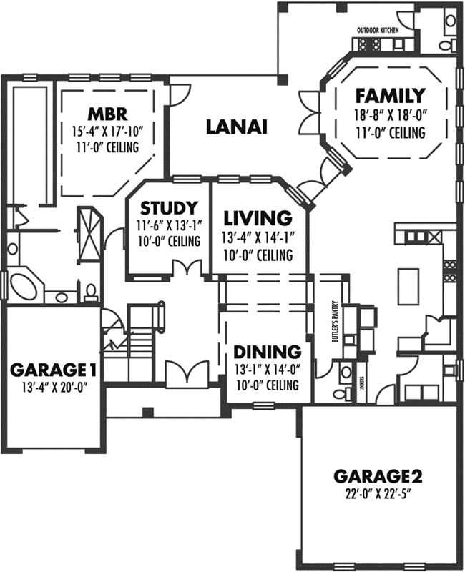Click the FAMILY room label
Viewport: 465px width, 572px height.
(x=391, y=95)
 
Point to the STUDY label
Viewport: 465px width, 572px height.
(x=168, y=208)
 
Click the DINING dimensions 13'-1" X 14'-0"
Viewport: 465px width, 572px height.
(x=266, y=370)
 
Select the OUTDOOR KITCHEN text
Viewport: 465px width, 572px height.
(x=378, y=31)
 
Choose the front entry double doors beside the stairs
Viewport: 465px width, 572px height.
(x=186, y=373)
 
